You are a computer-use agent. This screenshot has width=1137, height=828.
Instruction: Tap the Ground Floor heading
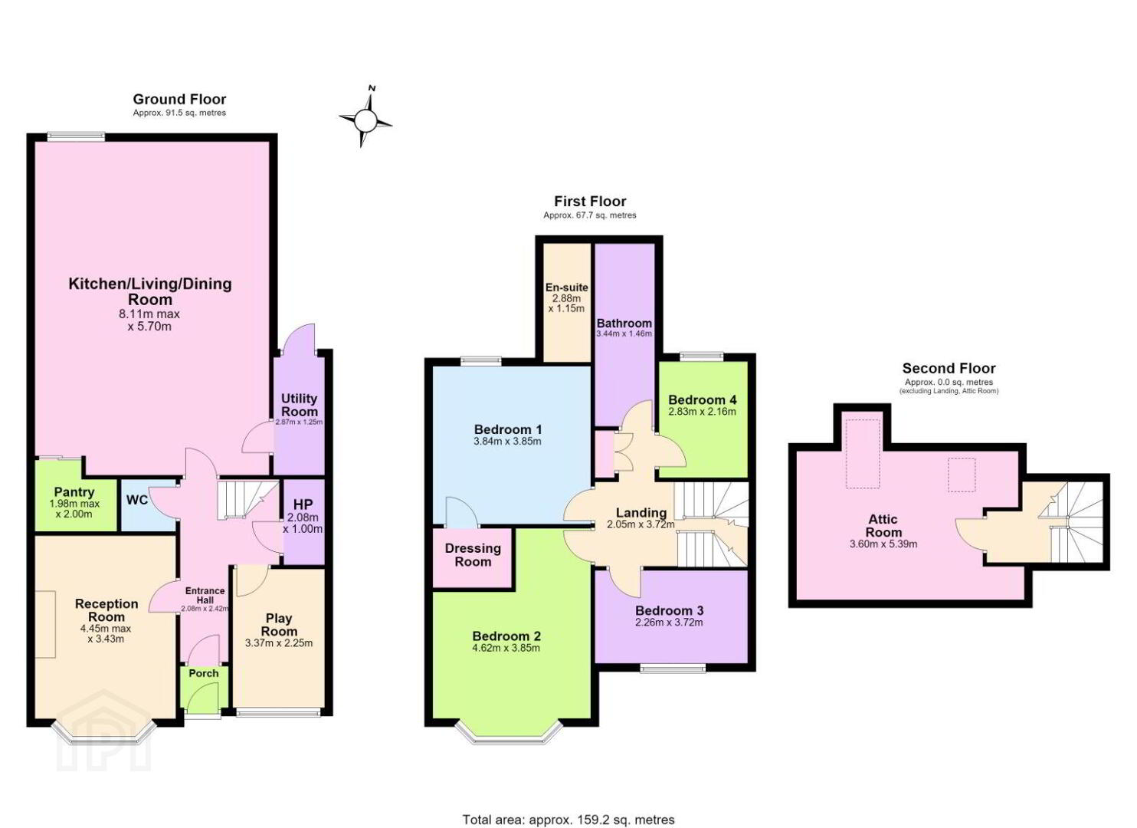point(179,99)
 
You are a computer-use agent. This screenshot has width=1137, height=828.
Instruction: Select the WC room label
point(137,500)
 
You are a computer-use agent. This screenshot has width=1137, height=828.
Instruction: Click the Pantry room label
point(74,491)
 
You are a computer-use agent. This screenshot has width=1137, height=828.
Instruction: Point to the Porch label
point(204,673)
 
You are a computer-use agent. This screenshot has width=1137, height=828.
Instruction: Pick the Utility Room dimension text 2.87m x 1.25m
point(299,422)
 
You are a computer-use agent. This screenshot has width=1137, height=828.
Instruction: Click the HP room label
point(303,504)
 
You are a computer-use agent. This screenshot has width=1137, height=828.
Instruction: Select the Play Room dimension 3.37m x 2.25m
point(279,642)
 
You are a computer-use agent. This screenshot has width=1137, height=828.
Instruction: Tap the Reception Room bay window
point(104,735)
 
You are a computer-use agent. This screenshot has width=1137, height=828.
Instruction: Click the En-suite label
point(566,287)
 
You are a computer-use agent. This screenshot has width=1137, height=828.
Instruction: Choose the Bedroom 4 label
point(703,399)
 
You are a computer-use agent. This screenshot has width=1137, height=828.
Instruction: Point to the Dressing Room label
point(473,555)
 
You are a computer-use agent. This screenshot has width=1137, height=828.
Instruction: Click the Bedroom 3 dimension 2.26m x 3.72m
point(669,623)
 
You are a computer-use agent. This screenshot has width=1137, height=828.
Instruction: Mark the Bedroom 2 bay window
point(509,733)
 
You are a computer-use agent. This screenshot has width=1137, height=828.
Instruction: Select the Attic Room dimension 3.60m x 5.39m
point(883,544)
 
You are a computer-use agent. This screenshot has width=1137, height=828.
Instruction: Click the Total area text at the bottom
point(568,805)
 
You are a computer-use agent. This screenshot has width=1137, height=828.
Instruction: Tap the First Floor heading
point(590,201)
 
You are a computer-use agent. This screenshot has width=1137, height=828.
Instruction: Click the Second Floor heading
point(949,368)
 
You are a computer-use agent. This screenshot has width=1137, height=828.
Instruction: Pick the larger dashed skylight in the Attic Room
point(863,454)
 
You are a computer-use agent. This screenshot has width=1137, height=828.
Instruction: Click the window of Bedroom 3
point(673,668)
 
